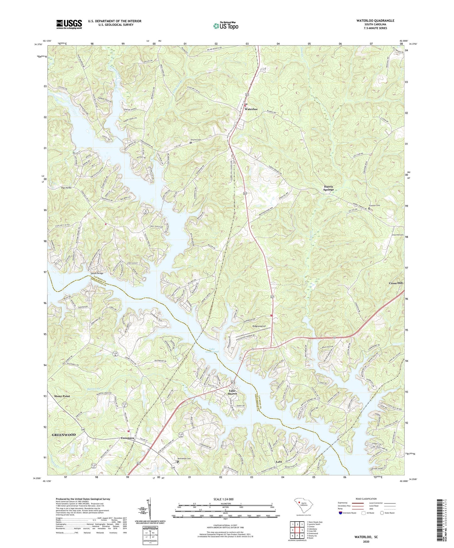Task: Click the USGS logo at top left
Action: (69, 24)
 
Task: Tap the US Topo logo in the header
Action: (225, 26)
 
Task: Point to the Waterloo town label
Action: (251, 109)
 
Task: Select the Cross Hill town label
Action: (396, 283)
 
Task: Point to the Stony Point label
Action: (62, 396)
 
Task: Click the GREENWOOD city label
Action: (63, 435)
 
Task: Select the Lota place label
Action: (279, 462)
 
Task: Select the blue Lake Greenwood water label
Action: (212, 350)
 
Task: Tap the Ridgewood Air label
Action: (260, 326)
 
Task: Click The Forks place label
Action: (66, 188)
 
